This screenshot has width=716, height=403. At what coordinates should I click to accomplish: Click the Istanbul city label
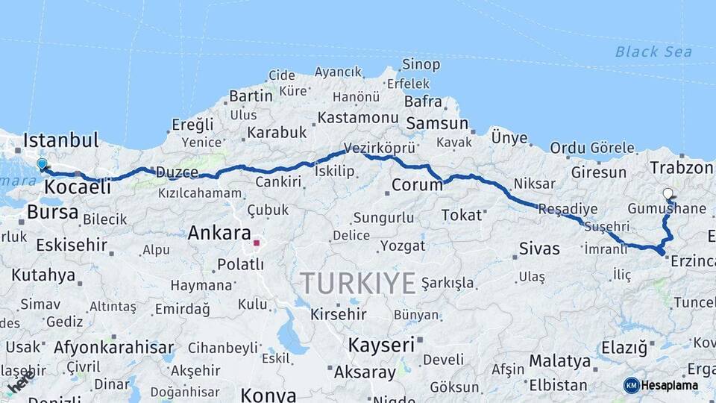pos(60,140)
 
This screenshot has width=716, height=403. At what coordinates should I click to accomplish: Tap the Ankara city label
pos(219,233)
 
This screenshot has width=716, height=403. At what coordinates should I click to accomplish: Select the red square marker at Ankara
pos(257,243)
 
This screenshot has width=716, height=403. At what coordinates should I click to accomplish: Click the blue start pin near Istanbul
pos(42,164)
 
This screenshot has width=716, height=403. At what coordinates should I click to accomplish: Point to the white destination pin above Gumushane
pos(668,193)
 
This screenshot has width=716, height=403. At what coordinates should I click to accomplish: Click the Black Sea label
pos(653,52)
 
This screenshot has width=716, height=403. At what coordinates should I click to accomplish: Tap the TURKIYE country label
pos(357,284)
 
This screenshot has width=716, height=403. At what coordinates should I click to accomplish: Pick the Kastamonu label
pos(357,118)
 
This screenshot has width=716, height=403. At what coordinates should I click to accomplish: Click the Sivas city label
pos(538,249)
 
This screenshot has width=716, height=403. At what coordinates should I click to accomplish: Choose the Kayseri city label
pos(381,345)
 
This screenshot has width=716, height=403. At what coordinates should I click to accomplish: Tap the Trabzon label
pos(681,167)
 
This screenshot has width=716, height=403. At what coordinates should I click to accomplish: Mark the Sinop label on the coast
pos(421,65)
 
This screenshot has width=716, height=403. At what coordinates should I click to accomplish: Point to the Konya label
pos(268,395)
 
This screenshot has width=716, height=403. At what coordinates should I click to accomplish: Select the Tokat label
pos(462,215)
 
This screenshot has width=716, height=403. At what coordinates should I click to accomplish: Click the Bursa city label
pos(52,212)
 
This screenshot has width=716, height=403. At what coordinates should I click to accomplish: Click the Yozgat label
pos(403,246)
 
